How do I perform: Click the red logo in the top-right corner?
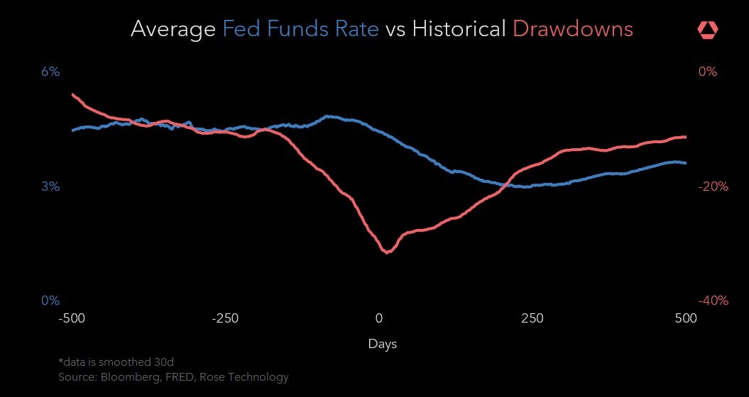[x=708, y=29]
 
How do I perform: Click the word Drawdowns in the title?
[x=572, y=29]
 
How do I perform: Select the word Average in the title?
[x=173, y=29]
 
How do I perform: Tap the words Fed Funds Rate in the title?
[x=300, y=29]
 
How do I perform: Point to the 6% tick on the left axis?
[x=50, y=72]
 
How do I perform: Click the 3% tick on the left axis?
[x=50, y=187]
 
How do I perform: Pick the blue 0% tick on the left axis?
[x=50, y=301]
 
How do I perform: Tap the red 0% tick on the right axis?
[x=708, y=72]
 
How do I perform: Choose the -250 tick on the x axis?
[x=225, y=318]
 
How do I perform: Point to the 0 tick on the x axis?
[x=379, y=318]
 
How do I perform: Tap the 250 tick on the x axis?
[x=532, y=318]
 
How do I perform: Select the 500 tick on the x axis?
[x=686, y=318]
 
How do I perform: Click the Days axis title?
[x=383, y=345]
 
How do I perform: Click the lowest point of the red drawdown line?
[x=387, y=252]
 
